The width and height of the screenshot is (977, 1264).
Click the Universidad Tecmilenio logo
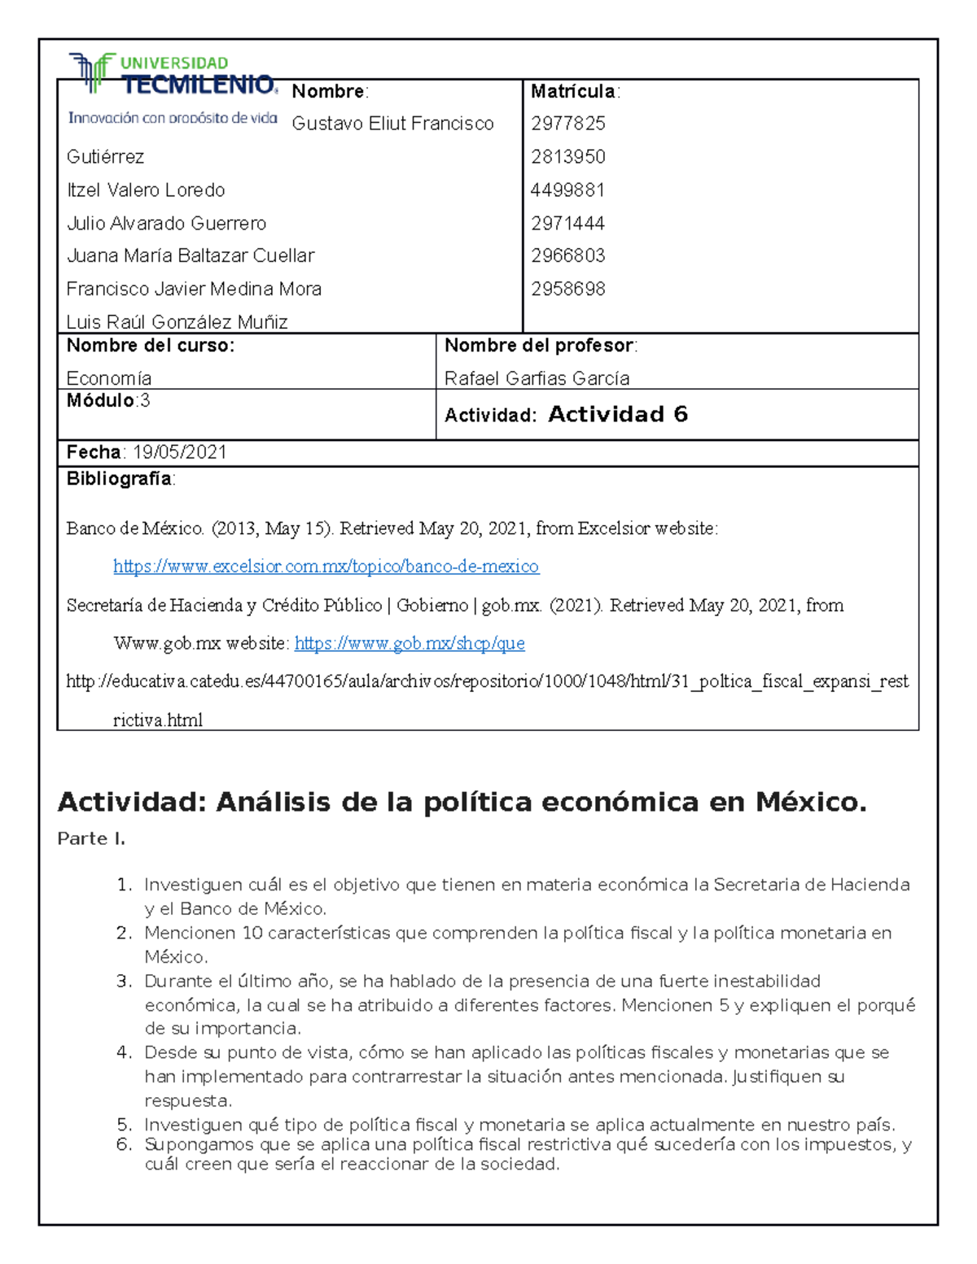[173, 88]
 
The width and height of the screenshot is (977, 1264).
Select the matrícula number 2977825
[568, 124]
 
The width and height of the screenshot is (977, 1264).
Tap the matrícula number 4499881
[567, 190]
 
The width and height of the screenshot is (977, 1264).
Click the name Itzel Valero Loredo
[146, 190]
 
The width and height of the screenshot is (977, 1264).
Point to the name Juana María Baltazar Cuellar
[191, 256]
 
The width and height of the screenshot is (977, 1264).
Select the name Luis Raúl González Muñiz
[177, 322]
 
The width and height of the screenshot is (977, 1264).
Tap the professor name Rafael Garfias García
[537, 378]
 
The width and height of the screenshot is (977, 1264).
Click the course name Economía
[109, 378]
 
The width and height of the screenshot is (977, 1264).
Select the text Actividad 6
[618, 414]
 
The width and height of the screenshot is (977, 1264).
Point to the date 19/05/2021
[180, 453]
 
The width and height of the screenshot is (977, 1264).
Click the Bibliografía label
[120, 479]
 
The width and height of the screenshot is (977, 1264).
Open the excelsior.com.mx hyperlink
[326, 566]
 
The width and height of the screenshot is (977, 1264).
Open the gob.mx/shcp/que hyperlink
[410, 644]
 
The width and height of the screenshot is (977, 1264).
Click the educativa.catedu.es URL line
[487, 682]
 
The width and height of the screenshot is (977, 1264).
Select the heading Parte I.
[91, 839]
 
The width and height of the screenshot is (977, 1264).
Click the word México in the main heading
[809, 803]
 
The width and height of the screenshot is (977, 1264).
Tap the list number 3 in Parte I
[124, 982]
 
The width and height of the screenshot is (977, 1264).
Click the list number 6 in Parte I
[124, 1145]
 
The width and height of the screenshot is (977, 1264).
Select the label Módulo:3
[108, 400]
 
